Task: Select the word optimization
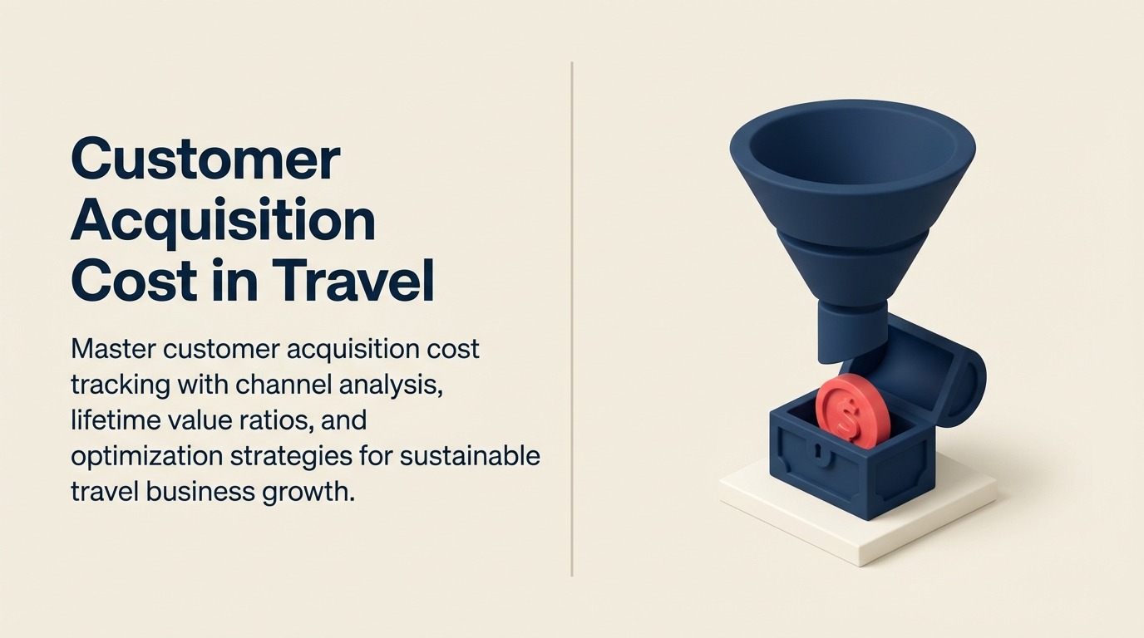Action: click(x=146, y=456)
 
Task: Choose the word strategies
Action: click(x=298, y=456)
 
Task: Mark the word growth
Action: click(x=313, y=492)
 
